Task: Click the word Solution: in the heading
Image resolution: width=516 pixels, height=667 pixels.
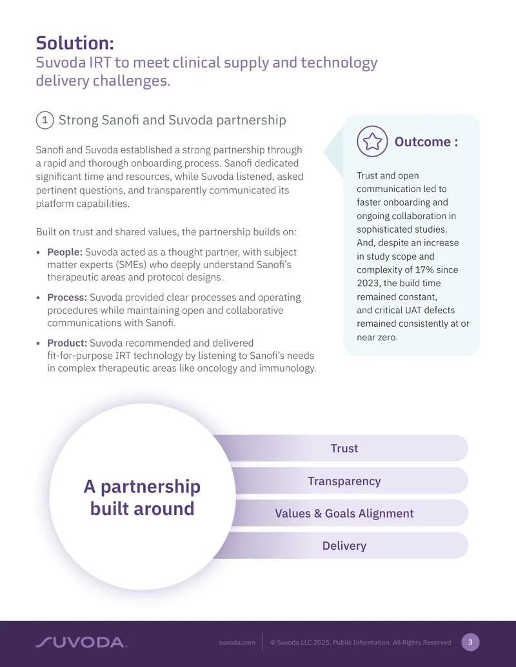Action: click(75, 43)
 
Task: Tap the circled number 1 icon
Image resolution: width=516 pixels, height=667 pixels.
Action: click(45, 120)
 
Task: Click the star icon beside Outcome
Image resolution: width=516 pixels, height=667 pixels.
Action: click(372, 141)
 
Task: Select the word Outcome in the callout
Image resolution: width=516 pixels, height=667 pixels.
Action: click(422, 142)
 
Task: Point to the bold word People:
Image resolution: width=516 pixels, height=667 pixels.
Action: click(64, 252)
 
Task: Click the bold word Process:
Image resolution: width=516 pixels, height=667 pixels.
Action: click(67, 297)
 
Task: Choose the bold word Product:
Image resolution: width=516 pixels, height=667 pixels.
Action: click(67, 343)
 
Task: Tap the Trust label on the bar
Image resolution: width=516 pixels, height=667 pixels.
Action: click(344, 449)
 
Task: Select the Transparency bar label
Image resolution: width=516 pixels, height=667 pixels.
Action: click(344, 481)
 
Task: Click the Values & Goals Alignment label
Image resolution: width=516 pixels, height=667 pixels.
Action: click(344, 514)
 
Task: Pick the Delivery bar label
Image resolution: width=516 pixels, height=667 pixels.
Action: click(344, 546)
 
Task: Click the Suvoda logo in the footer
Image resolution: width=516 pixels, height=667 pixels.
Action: click(81, 643)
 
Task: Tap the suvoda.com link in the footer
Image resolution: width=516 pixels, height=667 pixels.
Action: click(237, 643)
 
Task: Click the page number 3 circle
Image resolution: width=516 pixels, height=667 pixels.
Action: click(470, 643)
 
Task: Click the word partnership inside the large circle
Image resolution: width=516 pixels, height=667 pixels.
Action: click(150, 487)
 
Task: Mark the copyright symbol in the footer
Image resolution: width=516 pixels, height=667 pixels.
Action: click(273, 643)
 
